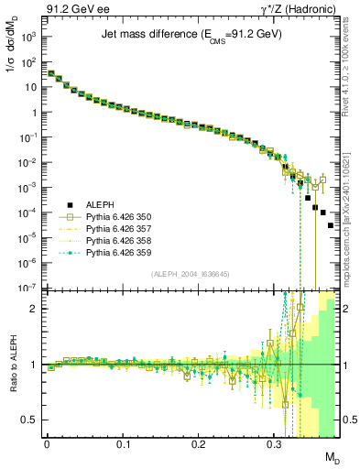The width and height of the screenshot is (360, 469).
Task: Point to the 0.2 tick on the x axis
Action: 199,443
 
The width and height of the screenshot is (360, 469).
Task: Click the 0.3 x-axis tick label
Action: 275,443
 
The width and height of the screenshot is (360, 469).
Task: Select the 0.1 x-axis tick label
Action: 123,443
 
